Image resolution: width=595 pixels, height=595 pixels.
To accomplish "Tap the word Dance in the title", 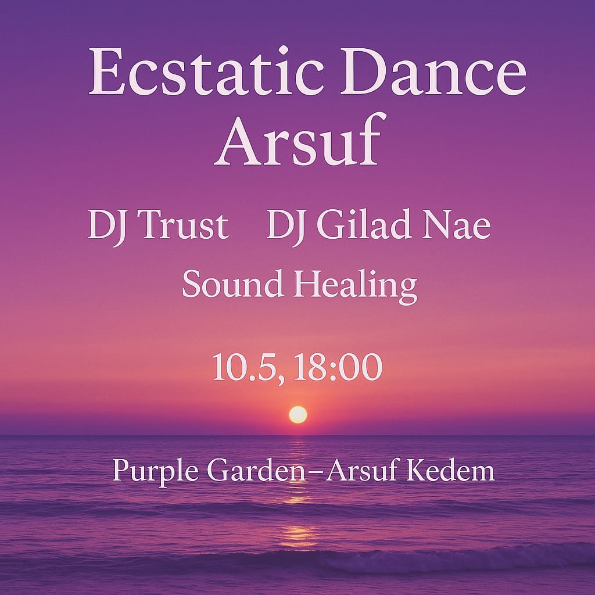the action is click(433, 71).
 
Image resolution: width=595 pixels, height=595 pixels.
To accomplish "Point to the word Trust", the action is click(183, 224).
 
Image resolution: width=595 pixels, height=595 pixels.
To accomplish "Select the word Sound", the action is click(233, 283).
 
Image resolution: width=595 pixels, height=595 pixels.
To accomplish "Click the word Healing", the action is click(355, 286).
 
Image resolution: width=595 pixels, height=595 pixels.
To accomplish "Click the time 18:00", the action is click(338, 367).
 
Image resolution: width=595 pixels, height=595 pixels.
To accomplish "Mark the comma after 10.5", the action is click(281, 379).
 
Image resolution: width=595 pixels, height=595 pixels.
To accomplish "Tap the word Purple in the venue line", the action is click(156, 471).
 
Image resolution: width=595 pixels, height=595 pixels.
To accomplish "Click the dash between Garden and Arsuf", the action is click(314, 472).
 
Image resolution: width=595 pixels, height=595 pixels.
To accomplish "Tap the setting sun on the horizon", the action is click(298, 414).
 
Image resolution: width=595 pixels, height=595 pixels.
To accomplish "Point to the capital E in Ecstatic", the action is click(106, 70).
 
